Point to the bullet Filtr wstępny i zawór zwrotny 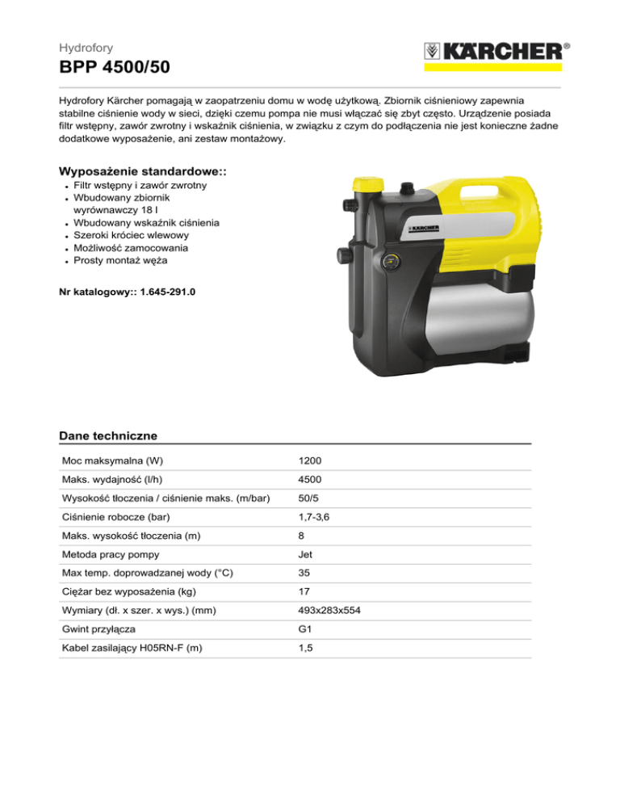click(140, 186)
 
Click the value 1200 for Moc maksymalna click(310, 460)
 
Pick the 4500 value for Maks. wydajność click(310, 480)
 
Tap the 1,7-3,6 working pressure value click(313, 517)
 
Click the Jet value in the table click(305, 555)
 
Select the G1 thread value click(304, 630)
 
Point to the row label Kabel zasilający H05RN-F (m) click(132, 649)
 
